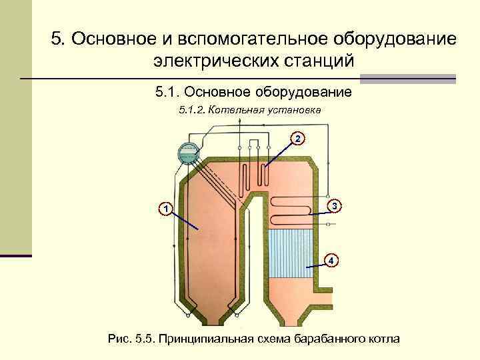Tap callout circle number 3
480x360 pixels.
coord(336,207)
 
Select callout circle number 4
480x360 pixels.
coord(331,260)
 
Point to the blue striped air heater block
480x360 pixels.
coord(291,248)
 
